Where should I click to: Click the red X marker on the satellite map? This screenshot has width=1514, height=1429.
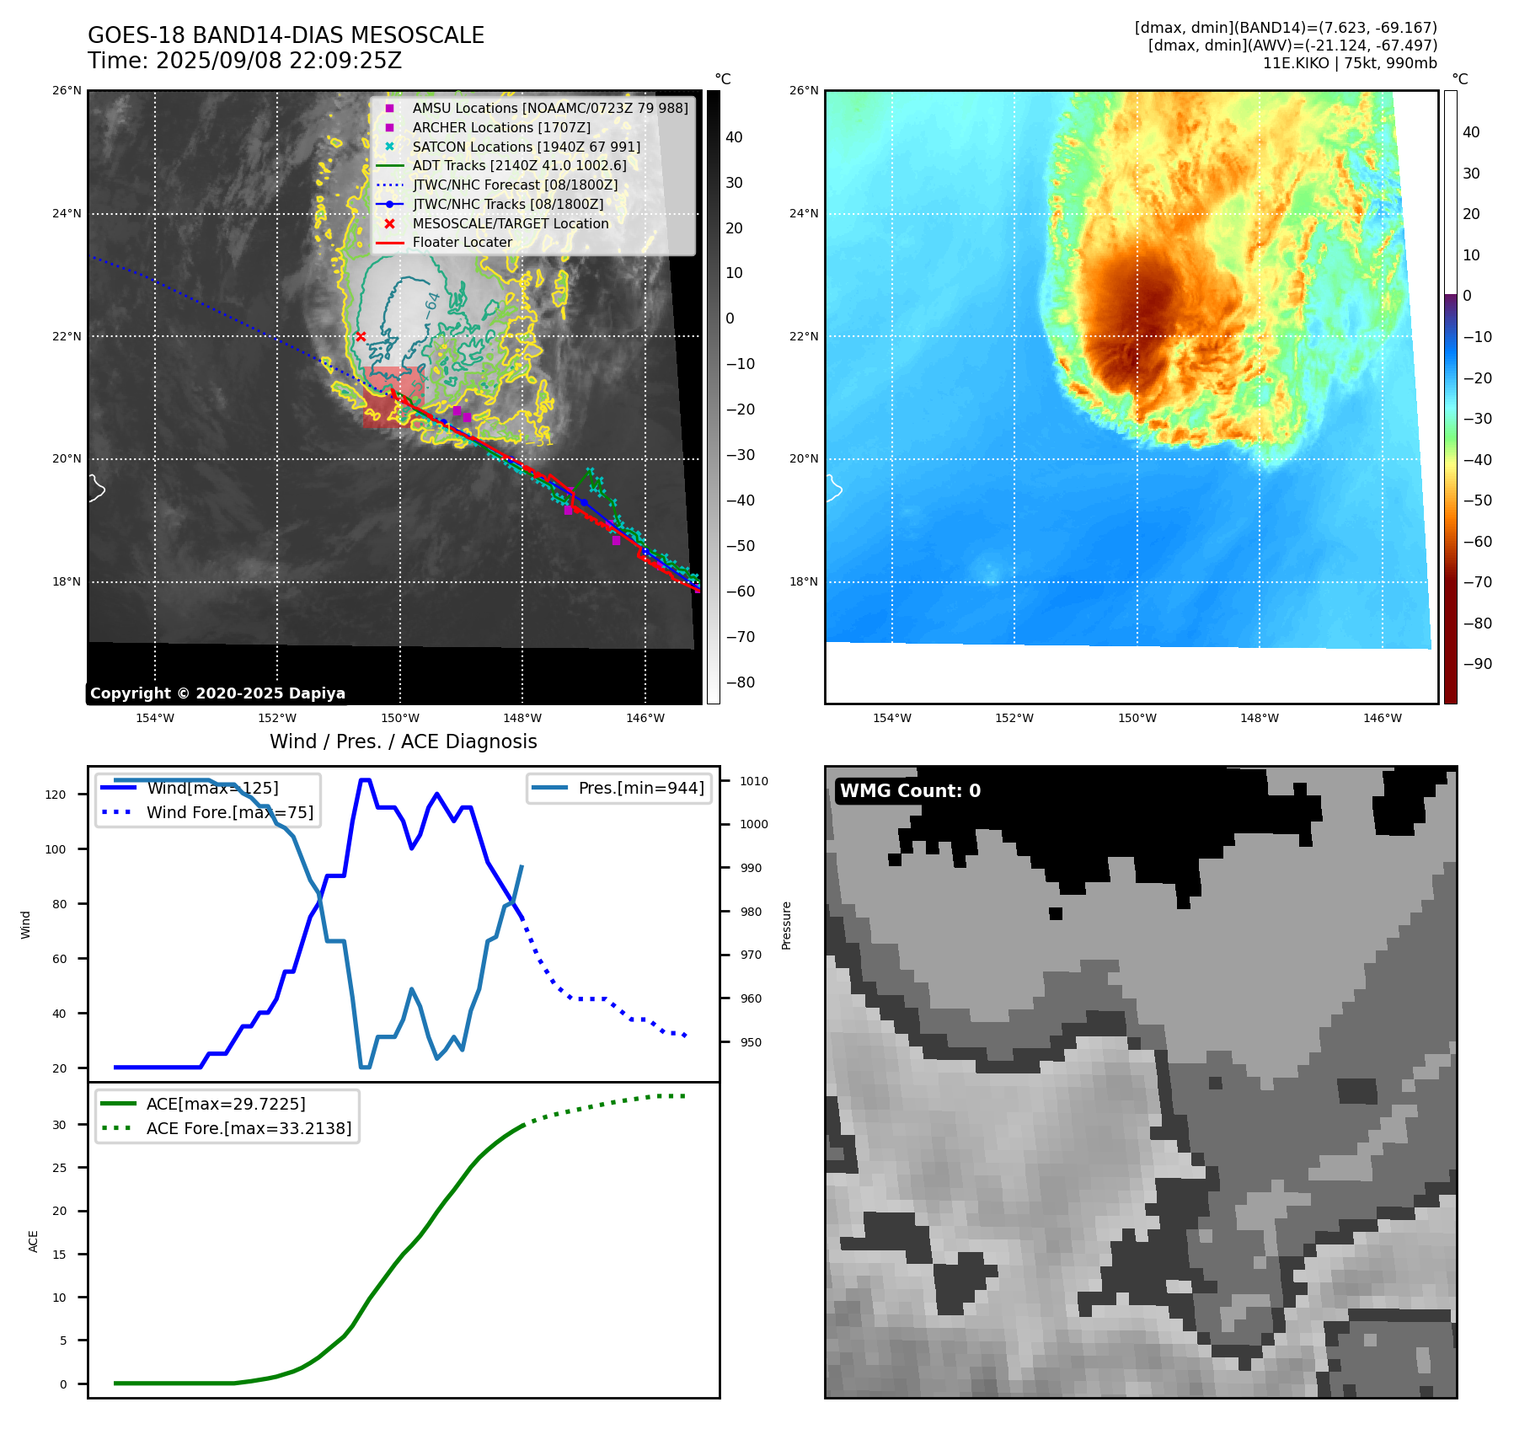point(361,336)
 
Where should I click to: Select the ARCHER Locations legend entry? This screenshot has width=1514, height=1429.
point(501,127)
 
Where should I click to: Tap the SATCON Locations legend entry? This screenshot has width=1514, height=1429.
point(526,147)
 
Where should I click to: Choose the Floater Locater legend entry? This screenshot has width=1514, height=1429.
point(462,243)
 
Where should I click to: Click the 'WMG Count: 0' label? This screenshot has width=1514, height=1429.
point(910,791)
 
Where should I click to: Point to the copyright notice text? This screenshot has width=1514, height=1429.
point(217,693)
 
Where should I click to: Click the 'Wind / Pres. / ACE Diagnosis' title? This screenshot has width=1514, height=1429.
point(403,741)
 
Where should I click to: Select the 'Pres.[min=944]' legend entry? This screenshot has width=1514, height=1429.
point(640,789)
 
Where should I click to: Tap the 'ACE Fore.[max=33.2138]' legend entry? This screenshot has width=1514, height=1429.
point(249,1128)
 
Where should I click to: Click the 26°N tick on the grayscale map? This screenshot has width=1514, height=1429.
point(67,91)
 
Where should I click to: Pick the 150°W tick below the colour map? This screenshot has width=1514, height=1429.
point(1137,719)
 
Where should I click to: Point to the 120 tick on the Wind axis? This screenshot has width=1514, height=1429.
point(56,795)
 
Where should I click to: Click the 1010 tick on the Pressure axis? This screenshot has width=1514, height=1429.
point(754,781)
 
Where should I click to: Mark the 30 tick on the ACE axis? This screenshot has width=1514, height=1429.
point(59,1125)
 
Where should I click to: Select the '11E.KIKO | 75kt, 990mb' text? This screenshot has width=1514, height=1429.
point(1349,63)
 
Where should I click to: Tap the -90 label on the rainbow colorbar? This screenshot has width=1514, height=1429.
point(1477,664)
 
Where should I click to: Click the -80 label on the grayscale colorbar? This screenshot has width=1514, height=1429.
point(741,682)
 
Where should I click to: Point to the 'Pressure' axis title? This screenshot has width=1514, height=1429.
point(787,925)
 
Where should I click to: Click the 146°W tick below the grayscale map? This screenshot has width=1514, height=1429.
point(645,719)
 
